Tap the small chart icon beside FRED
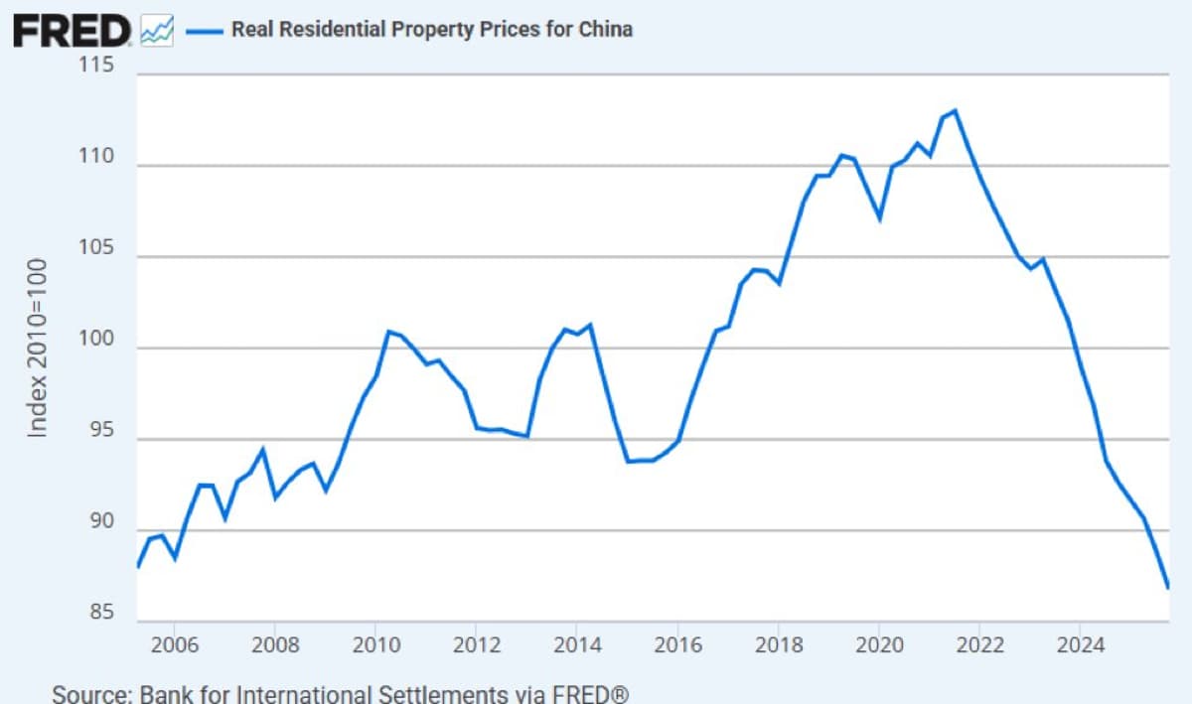(x=157, y=31)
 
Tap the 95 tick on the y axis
(x=99, y=431)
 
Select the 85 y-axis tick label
(x=99, y=613)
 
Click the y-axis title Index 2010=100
(x=38, y=348)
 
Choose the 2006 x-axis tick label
(x=175, y=645)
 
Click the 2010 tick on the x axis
(x=375, y=645)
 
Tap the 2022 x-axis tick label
(x=979, y=645)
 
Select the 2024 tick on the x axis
(x=1081, y=645)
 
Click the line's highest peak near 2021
(x=955, y=110)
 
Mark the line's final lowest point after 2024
(x=1168, y=587)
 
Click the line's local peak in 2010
(x=388, y=331)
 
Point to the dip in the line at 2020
(x=879, y=217)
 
